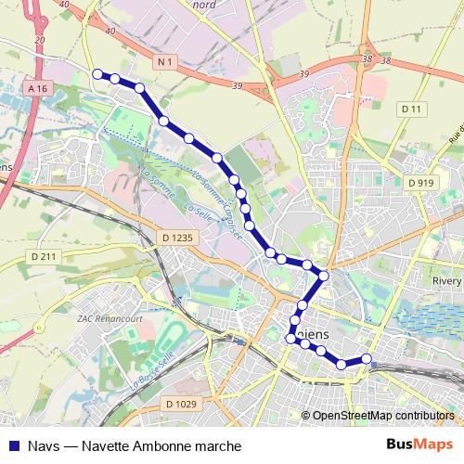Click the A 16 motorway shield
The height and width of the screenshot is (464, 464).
point(37,88)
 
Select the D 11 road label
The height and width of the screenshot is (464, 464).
point(412,110)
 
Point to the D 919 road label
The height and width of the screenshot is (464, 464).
point(420,183)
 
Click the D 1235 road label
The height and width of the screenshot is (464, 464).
point(178,238)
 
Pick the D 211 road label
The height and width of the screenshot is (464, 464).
point(43,256)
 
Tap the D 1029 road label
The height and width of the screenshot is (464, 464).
point(180,403)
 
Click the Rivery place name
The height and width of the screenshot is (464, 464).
point(447,281)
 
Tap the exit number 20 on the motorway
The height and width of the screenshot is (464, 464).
point(38,41)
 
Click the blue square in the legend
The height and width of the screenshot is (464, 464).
point(13,445)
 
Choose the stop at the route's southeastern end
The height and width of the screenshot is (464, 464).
point(367,359)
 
